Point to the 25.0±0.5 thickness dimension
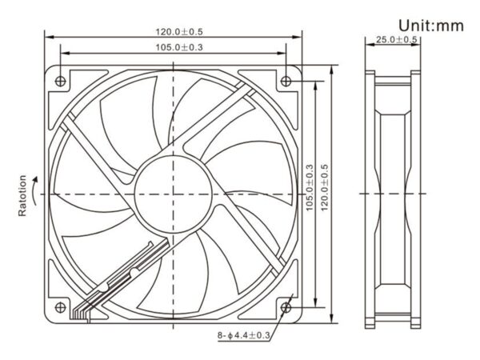pos(394,39)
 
